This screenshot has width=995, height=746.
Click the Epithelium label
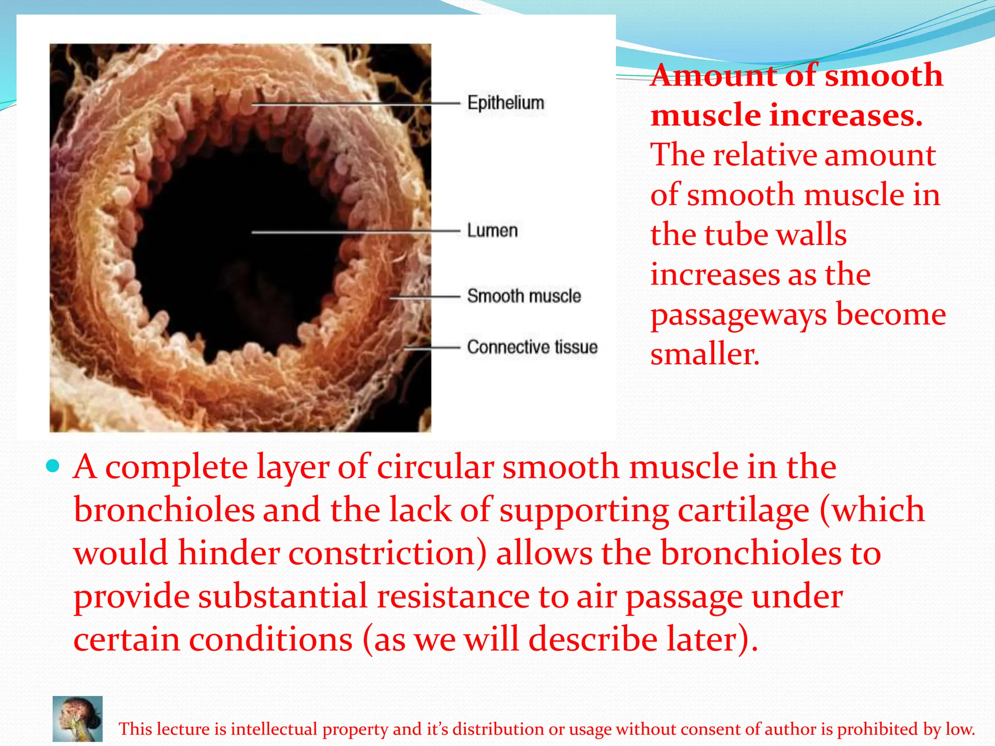505,103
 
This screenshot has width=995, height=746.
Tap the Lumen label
492,231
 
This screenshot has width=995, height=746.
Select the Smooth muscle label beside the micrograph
524,296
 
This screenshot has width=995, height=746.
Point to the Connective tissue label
532,347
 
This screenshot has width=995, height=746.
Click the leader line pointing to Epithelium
355,103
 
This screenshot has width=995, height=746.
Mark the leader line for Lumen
355,232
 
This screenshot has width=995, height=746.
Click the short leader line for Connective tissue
432,347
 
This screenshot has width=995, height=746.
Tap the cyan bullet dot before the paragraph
52,467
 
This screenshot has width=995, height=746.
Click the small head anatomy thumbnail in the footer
78,719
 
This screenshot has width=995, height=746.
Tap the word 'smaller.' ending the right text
704,354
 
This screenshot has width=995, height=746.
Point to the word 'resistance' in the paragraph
453,596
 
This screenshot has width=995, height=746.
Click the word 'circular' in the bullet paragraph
435,467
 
